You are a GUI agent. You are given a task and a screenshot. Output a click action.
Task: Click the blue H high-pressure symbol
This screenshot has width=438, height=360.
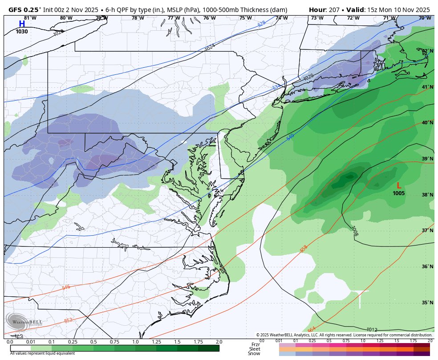pyautogui.click(x=22, y=24)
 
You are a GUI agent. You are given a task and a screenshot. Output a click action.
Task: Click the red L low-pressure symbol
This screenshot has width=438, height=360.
pyautogui.click(x=399, y=186)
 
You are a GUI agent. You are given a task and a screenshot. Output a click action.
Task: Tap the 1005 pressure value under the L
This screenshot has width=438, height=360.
pyautogui.click(x=399, y=193)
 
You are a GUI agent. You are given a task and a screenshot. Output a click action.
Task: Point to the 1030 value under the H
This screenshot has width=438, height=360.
pyautogui.click(x=22, y=32)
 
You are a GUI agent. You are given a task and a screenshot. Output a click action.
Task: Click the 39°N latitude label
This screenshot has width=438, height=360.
pyautogui.click(x=427, y=159)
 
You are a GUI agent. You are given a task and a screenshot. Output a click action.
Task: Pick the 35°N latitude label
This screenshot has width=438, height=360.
pyautogui.click(x=427, y=303)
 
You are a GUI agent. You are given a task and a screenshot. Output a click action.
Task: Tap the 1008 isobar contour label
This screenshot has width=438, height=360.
pyautogui.click(x=355, y=231)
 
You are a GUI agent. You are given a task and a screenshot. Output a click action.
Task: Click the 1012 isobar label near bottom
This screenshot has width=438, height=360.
pyautogui.click(x=373, y=329)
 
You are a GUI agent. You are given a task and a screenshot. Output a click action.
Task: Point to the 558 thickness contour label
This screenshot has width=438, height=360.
pyautogui.click(x=304, y=249)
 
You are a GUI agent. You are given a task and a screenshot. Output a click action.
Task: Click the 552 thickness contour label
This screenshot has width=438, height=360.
pyautogui.click(x=68, y=320)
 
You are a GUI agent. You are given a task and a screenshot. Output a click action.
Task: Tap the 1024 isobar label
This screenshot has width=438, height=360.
pyautogui.click(x=210, y=47)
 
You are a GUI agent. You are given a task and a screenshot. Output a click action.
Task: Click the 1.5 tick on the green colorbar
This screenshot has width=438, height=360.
pyautogui.click(x=177, y=342)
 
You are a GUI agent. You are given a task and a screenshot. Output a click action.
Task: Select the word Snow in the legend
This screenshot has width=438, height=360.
pyautogui.click(x=255, y=353)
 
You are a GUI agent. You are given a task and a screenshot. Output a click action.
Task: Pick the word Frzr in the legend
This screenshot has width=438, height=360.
pyautogui.click(x=255, y=344)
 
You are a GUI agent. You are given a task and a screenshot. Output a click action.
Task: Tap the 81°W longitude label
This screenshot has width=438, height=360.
pyautogui.click(x=30, y=18)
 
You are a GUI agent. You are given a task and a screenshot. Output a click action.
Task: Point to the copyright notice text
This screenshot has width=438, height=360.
pyautogui.click(x=344, y=335)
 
